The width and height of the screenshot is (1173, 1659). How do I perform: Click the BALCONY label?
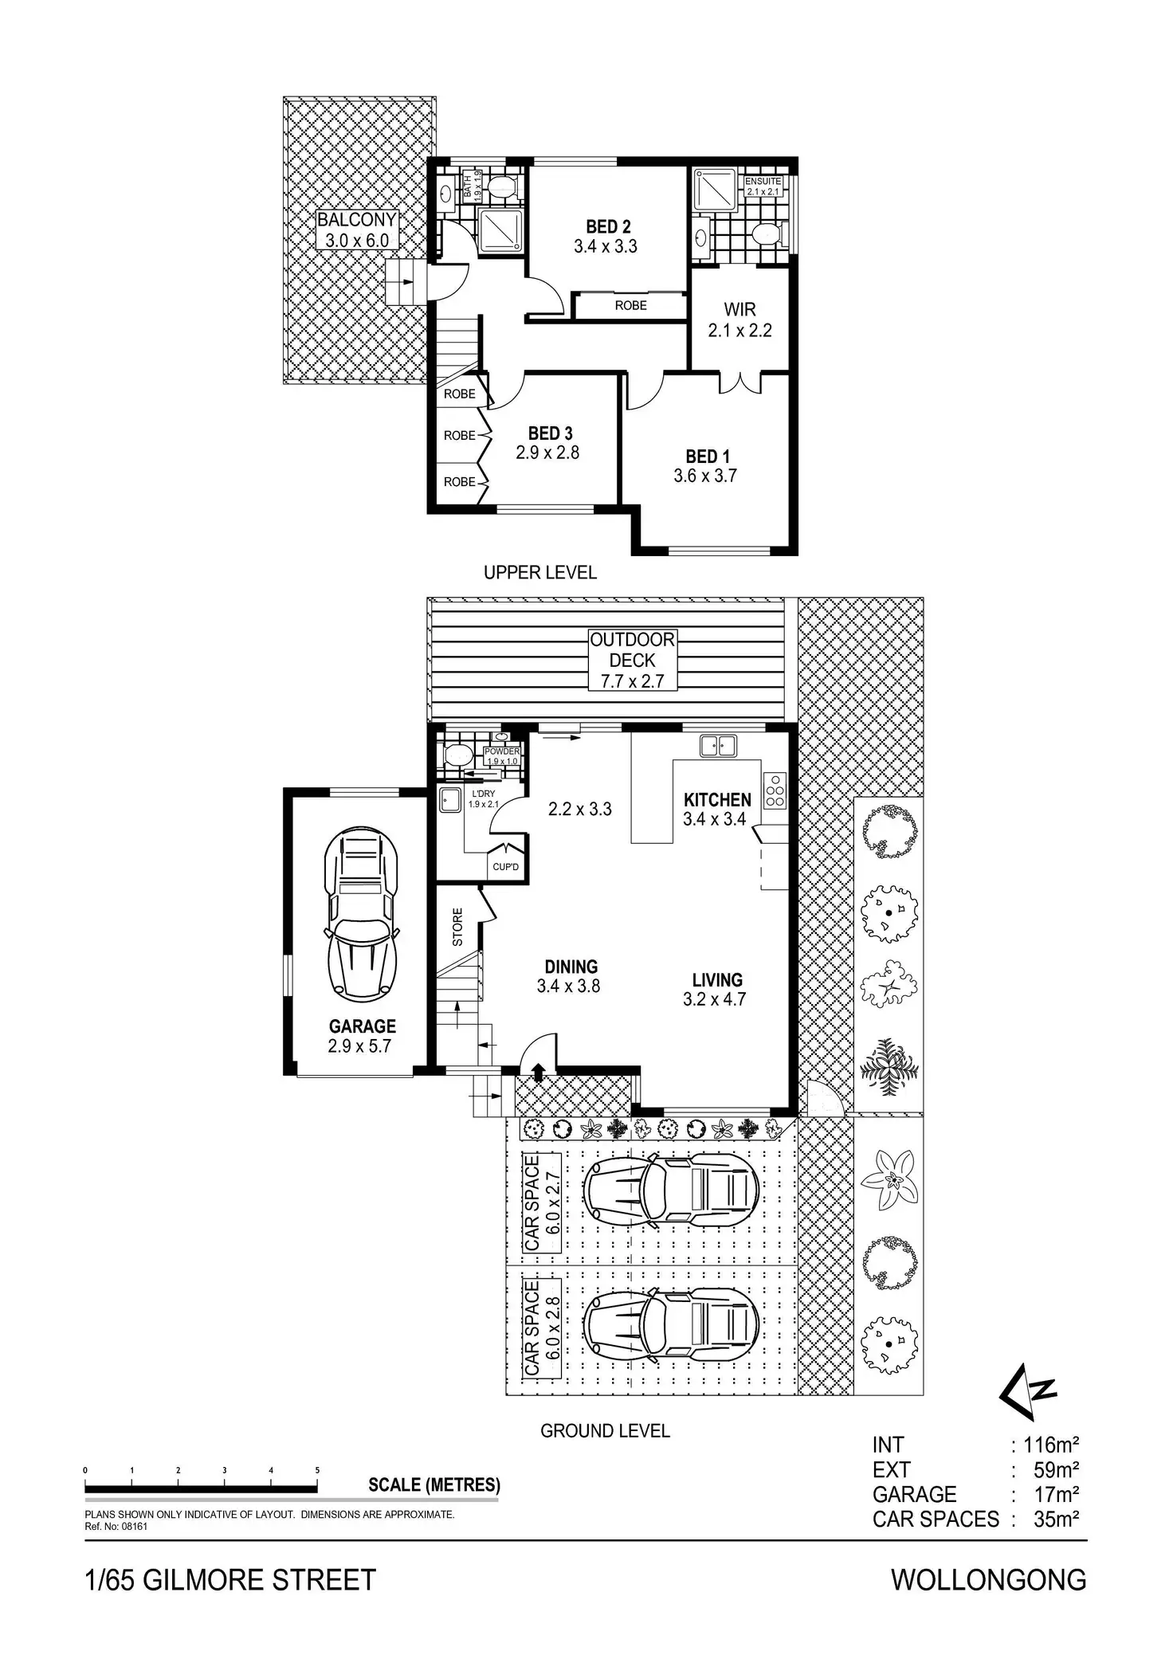click(x=356, y=220)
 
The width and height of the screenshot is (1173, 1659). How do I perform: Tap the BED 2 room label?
click(x=607, y=227)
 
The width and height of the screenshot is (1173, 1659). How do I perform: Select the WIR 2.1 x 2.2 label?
click(x=739, y=320)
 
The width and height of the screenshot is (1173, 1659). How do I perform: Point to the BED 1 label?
click(x=707, y=457)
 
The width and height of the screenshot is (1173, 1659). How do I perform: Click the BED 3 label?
click(x=550, y=433)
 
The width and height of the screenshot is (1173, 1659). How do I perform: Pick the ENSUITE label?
click(x=763, y=182)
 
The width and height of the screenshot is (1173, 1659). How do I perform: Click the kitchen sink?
click(x=718, y=747)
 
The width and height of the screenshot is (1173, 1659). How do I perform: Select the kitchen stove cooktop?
click(x=775, y=790)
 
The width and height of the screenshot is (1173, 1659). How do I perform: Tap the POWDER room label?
click(x=502, y=751)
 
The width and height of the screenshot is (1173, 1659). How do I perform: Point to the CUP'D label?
click(x=505, y=867)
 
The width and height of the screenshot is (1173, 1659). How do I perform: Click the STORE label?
click(x=457, y=927)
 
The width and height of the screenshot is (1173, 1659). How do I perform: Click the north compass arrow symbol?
click(x=1028, y=1390)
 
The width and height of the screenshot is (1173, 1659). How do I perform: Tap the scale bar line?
click(x=201, y=1488)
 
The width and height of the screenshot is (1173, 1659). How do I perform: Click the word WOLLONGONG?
click(x=988, y=1579)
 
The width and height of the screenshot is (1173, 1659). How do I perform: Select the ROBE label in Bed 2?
click(x=630, y=305)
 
